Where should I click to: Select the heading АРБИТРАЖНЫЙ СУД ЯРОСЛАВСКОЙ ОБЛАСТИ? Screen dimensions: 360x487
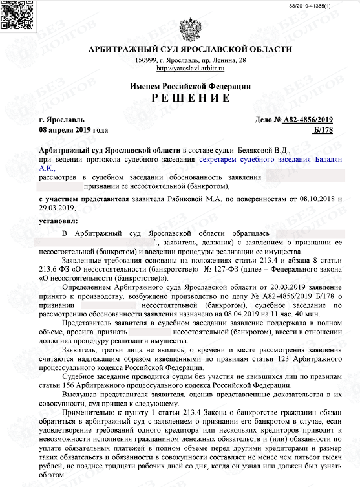[190, 50]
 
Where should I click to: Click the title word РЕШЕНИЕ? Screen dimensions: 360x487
[190, 98]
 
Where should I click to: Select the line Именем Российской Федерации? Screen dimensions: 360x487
[190, 87]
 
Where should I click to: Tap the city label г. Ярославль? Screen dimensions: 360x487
[61, 120]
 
